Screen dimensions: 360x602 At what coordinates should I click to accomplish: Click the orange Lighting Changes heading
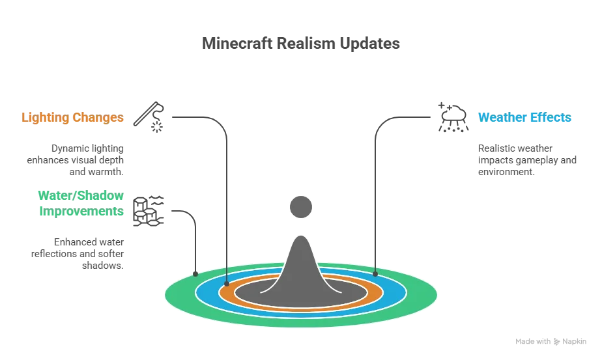point(73,118)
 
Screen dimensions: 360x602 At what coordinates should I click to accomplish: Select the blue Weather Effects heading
point(525,118)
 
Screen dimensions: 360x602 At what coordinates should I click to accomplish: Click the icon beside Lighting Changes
point(149,117)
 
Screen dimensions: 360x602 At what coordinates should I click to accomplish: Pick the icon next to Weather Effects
point(452,117)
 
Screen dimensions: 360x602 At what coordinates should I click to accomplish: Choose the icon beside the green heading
point(148,210)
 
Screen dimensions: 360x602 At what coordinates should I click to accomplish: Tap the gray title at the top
point(300,45)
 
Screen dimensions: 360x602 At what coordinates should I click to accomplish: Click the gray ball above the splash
point(301,208)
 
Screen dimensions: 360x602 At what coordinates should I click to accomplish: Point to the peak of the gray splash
point(301,240)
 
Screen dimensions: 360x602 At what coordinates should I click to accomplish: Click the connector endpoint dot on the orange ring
point(226,284)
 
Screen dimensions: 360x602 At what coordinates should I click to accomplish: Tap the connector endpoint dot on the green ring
point(195,273)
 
